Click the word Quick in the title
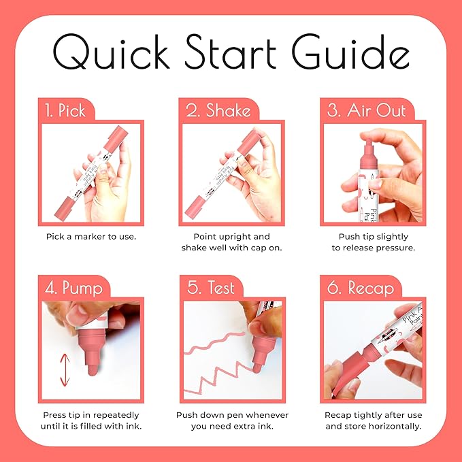111,52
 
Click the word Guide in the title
350,51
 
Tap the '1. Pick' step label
65,110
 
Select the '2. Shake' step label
218,110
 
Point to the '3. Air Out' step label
366,110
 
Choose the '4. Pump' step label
73,288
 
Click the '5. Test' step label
211,287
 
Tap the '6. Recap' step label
361,288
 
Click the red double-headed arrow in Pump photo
65,370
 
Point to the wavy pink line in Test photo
214,342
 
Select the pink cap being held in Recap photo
350,372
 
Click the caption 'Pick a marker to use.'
91,237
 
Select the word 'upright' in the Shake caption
234,237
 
